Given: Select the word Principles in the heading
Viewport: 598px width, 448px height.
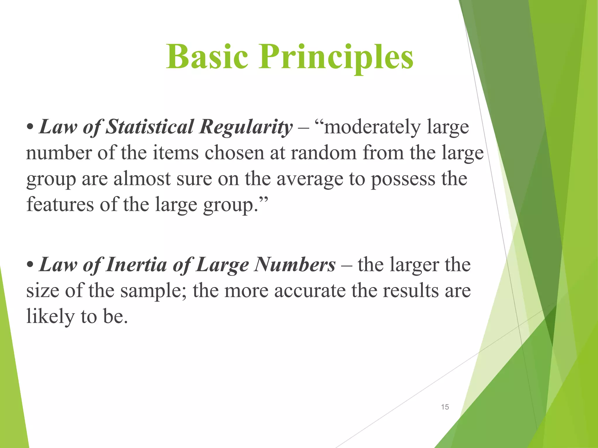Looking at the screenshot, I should coord(336,57).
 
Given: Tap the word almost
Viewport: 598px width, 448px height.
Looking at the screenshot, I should coord(142,178).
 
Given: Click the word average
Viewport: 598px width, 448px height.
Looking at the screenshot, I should coord(310,179).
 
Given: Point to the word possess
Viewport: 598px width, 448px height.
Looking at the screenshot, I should coord(403,179).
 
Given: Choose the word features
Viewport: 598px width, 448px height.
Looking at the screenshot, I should coord(60,204).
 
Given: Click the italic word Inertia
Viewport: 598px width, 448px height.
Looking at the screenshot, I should coord(135,265).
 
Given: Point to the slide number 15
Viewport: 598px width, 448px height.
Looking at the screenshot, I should coord(445,407).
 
